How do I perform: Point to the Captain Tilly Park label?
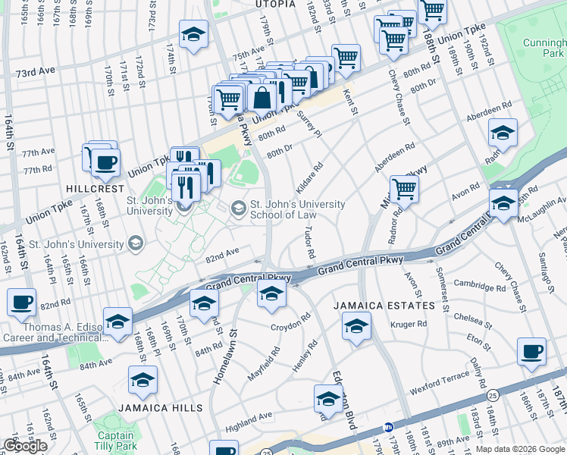[114, 441]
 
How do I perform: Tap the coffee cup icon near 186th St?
[532, 352]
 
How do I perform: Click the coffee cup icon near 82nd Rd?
[21, 303]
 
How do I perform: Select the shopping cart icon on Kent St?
[346, 57]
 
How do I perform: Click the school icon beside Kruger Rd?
[356, 327]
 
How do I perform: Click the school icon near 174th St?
[194, 34]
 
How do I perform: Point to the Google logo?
[25, 446]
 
